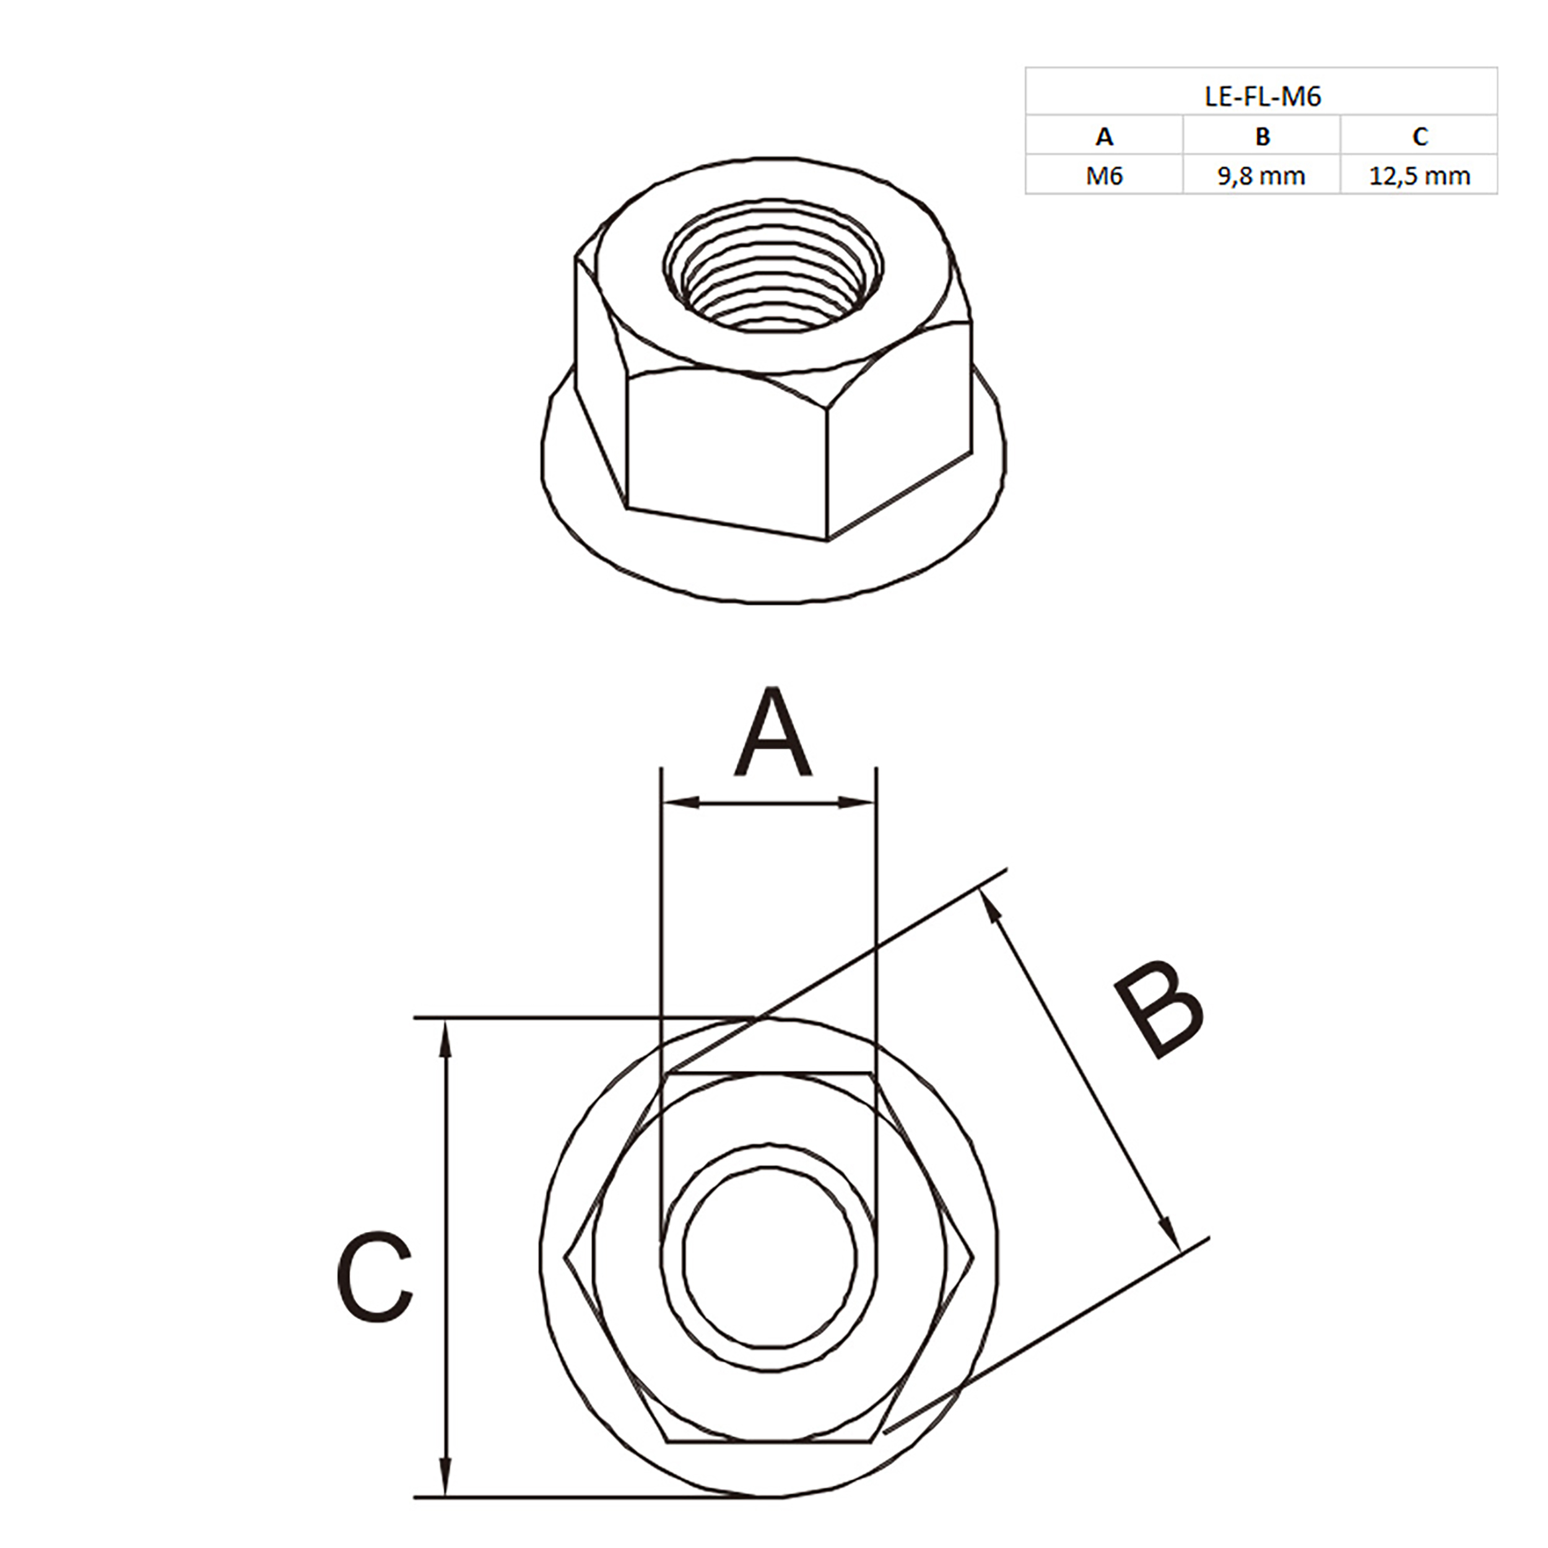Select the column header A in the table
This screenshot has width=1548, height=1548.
1104,137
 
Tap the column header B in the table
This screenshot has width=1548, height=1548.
1262,137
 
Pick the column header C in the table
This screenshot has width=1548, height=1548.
1420,137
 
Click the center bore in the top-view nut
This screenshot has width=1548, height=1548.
769,1258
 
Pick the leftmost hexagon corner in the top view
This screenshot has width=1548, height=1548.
565,1259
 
